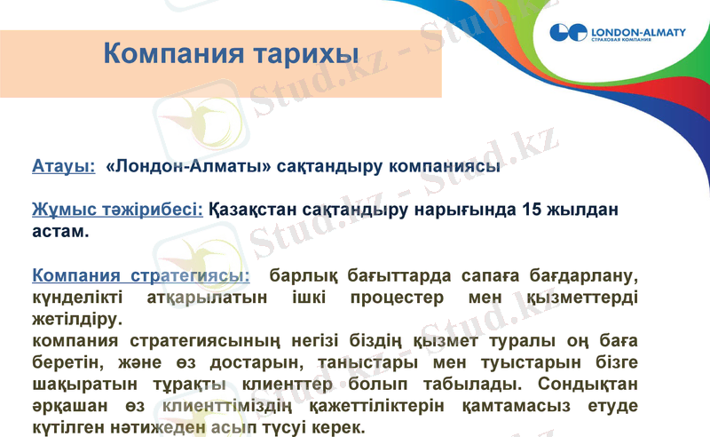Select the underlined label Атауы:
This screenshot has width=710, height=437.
click(63, 166)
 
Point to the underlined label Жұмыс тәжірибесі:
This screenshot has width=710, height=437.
click(117, 211)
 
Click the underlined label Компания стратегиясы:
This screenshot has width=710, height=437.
click(140, 276)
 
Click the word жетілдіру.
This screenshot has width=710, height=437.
click(74, 318)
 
